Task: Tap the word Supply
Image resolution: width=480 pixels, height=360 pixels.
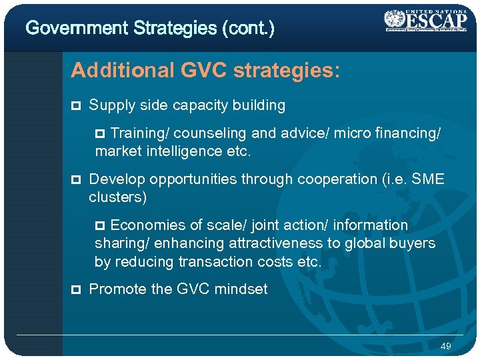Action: click(109, 105)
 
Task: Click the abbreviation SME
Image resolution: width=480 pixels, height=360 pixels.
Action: click(429, 179)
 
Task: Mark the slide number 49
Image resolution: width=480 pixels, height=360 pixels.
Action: click(446, 346)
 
